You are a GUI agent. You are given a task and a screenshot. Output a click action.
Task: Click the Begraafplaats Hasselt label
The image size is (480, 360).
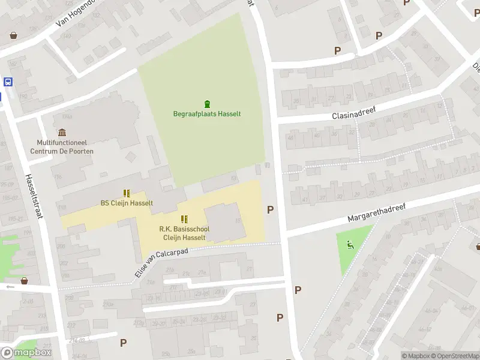[207, 114]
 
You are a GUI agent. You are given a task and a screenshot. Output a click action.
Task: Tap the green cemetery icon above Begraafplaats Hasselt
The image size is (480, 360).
[208, 103]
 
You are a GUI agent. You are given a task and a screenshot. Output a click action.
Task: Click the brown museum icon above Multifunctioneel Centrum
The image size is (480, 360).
[62, 133]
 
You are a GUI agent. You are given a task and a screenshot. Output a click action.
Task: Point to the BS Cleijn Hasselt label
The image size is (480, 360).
[127, 203]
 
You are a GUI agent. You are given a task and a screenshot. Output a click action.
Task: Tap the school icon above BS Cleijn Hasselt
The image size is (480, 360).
[127, 193]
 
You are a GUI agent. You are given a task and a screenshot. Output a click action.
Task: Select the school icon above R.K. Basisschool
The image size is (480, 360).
[184, 219]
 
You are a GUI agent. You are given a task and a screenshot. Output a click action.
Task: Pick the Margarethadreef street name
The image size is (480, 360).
[376, 212]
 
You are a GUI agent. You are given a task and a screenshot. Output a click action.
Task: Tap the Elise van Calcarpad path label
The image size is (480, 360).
[161, 263]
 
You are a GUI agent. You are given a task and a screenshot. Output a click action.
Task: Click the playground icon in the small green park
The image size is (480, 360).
[350, 244]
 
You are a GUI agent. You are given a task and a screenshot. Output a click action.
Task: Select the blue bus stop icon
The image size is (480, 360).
[8, 82]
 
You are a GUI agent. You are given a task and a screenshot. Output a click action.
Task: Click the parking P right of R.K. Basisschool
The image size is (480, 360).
[271, 209]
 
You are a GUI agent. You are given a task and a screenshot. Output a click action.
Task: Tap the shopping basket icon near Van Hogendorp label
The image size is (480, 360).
[13, 35]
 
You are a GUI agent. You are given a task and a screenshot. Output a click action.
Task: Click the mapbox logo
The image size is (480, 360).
[26, 353]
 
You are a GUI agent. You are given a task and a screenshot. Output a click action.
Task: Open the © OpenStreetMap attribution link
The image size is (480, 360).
[456, 356]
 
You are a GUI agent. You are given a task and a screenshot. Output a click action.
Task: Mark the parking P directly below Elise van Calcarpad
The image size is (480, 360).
[124, 343]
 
